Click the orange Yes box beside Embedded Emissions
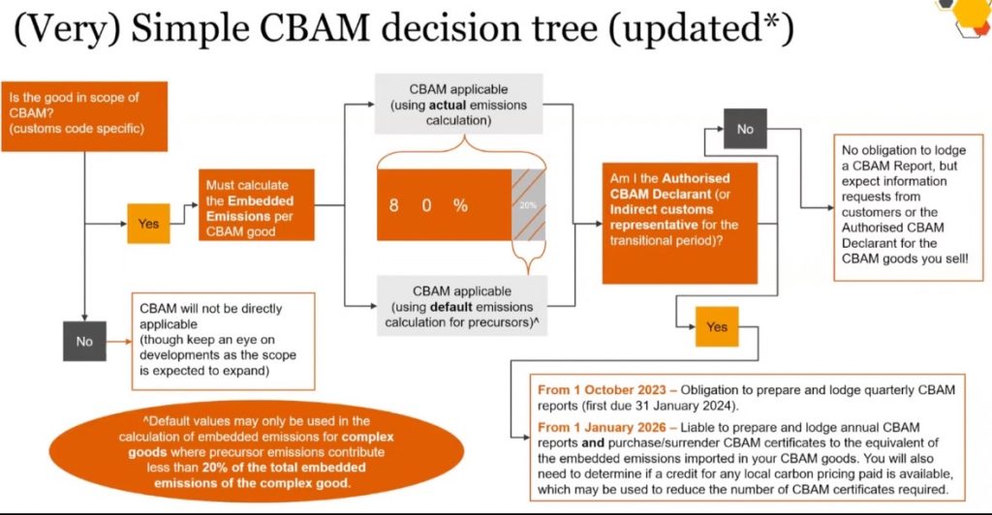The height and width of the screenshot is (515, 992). tap(148, 223)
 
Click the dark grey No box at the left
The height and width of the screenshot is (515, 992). tap(84, 341)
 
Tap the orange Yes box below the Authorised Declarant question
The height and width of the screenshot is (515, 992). tap(716, 327)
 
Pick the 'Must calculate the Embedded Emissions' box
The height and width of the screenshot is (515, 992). tap(257, 204)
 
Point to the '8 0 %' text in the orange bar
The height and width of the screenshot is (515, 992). tap(429, 205)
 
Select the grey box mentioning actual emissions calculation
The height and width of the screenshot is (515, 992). tap(458, 102)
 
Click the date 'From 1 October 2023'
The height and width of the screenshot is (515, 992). tap(597, 389)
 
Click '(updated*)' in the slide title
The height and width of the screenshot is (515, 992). tap(691, 31)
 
